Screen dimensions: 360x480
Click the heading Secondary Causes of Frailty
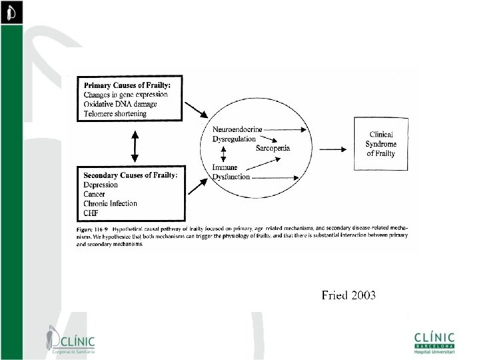point(131,175)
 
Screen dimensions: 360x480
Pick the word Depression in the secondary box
point(101,185)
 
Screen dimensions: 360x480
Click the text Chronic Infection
point(111,203)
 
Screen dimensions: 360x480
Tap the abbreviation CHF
point(91,213)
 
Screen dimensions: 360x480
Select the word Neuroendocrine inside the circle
point(237,129)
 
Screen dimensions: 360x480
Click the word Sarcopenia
point(273,147)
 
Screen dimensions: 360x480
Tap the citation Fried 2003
point(348,295)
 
